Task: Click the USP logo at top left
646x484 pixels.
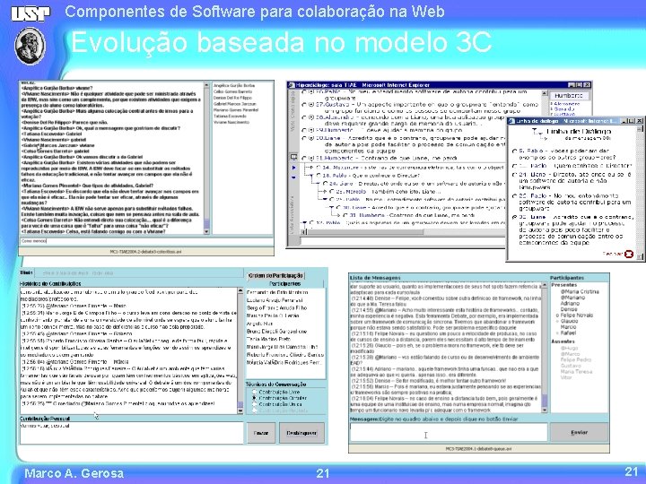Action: coord(33,13)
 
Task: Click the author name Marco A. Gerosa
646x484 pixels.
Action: coord(74,472)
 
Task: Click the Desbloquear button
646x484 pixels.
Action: coord(301,432)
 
